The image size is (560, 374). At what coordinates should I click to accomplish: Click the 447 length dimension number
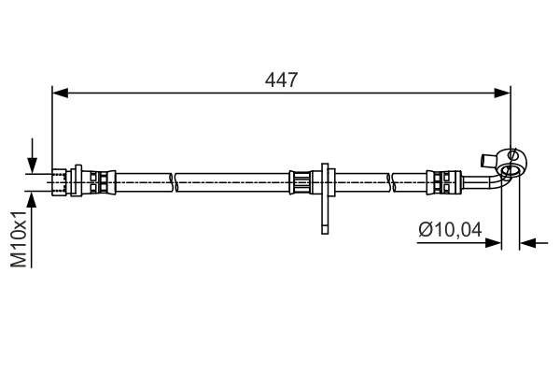[x=281, y=79]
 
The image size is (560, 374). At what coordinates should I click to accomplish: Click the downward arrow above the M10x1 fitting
[x=34, y=161]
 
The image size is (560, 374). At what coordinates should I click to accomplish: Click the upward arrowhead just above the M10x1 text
[x=34, y=199]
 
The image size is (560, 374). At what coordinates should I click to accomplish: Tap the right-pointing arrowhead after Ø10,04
[x=494, y=243]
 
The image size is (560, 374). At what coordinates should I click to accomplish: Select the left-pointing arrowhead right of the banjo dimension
[x=528, y=243]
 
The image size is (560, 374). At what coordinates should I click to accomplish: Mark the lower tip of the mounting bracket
[x=323, y=228]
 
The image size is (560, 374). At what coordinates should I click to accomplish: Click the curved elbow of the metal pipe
[x=494, y=180]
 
